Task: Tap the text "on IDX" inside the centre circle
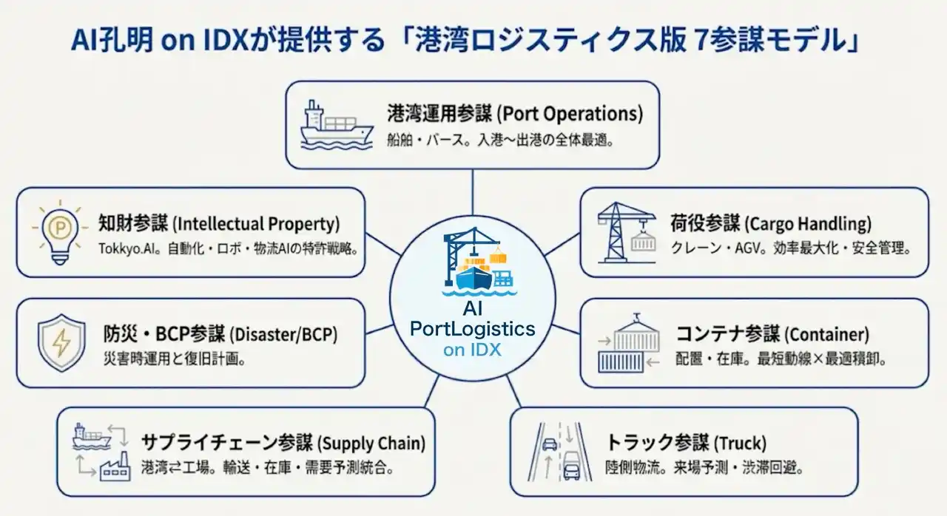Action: pos(472,350)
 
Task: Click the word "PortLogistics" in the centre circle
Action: pos(472,329)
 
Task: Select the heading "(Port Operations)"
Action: pos(569,115)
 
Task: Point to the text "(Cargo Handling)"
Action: pos(808,223)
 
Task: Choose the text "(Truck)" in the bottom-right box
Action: pos(739,444)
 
